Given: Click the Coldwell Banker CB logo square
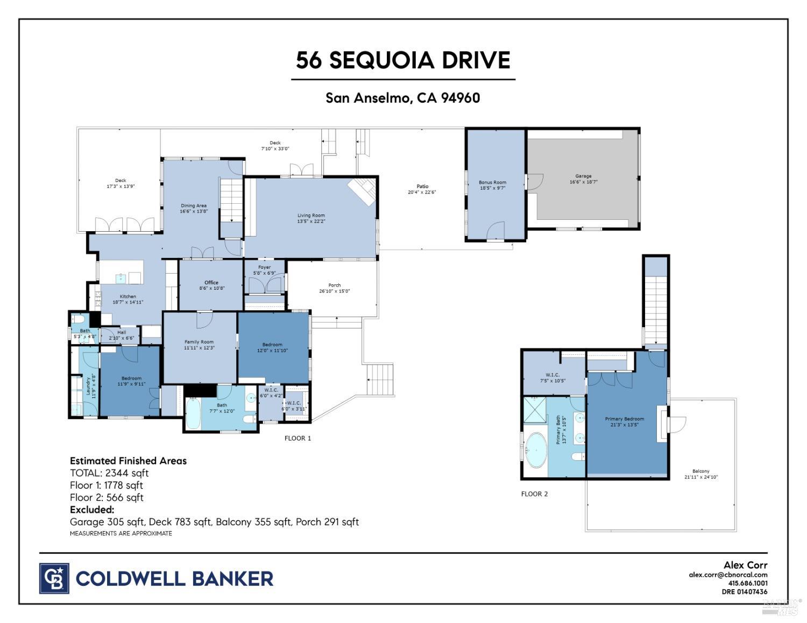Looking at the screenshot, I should (54, 578).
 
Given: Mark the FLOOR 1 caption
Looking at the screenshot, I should (298, 438).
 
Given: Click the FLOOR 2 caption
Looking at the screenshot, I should (534, 494).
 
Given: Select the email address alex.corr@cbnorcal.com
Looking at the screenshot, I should (728, 575).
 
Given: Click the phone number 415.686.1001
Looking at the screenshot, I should (748, 583).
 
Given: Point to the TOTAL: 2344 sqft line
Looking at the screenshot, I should (109, 473).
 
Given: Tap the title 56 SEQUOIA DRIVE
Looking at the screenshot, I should (403, 60).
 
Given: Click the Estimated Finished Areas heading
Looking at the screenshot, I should (128, 461).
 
